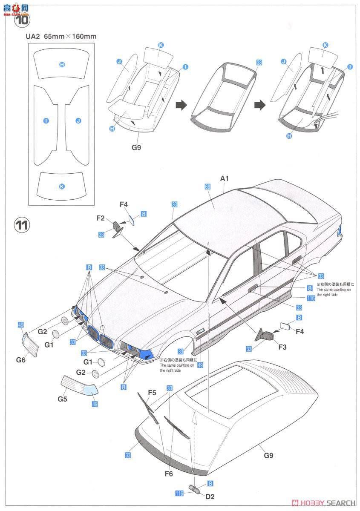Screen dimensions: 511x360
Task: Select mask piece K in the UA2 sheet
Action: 62,186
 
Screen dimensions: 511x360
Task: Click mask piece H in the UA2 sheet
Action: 62,64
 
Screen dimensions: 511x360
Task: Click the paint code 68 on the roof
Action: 207,188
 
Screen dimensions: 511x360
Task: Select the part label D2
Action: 210,496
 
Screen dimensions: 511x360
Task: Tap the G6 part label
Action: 21,359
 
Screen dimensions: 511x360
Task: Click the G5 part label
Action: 63,399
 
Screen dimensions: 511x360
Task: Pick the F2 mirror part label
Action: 100,218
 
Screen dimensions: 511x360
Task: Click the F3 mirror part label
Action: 282,347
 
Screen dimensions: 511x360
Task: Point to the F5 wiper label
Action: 152,392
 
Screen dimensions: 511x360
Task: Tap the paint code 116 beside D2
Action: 179,493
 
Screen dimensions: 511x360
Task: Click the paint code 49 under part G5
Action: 95,403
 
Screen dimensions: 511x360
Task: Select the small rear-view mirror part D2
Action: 195,489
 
